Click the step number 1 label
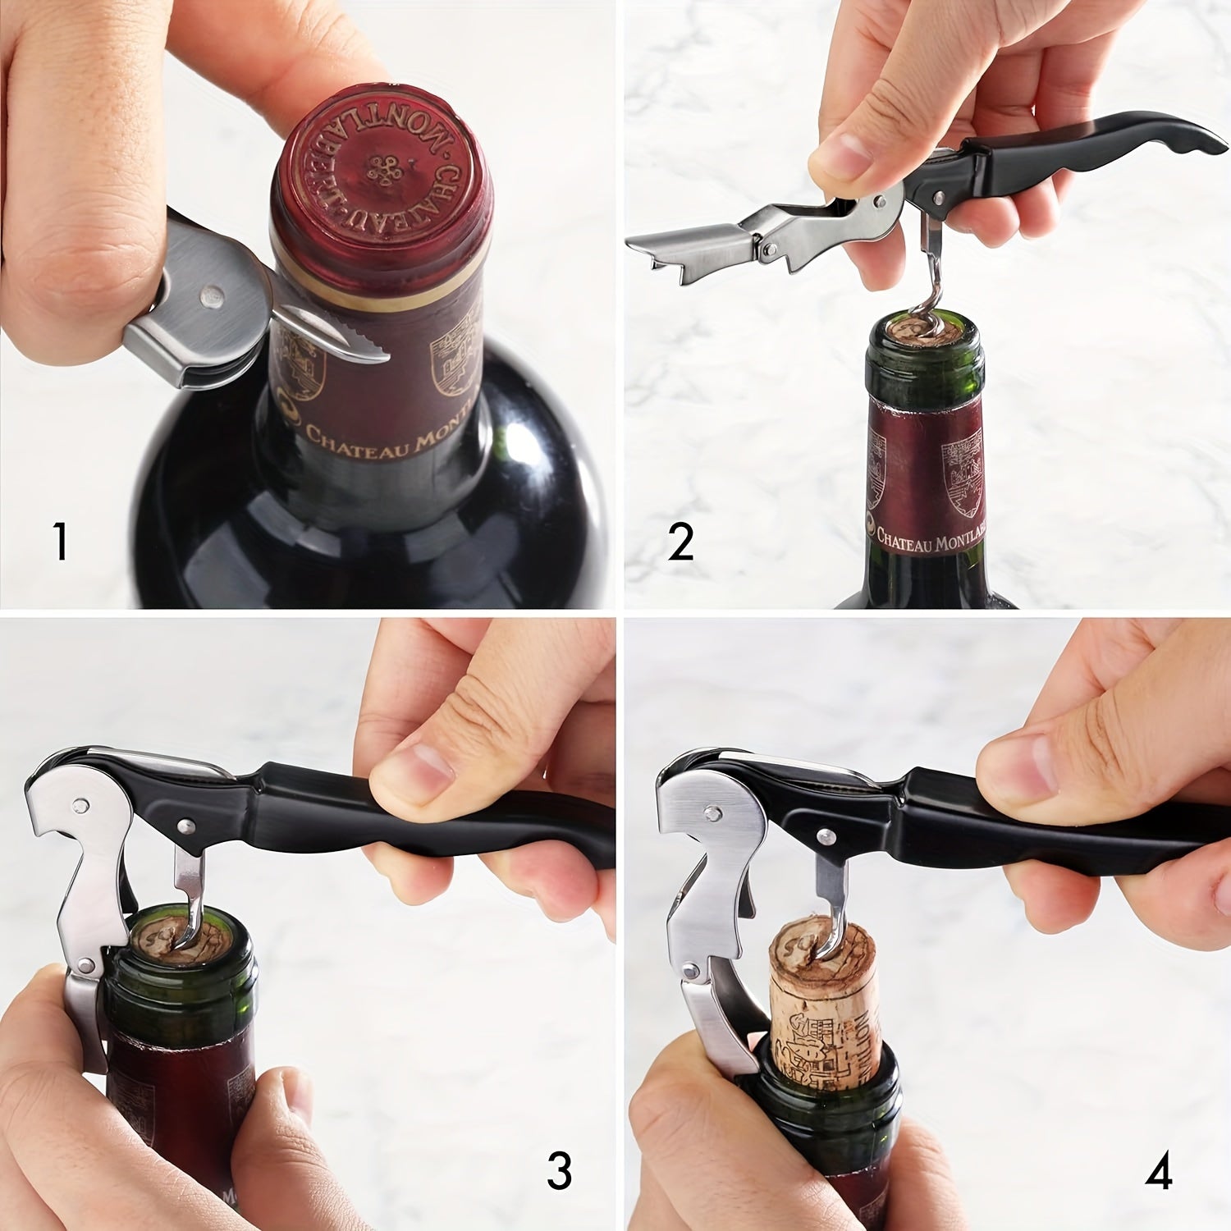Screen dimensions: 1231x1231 60,542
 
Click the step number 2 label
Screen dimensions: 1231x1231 680,542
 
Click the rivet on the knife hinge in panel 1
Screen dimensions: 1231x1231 212,292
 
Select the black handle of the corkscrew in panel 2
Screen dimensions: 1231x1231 1083,152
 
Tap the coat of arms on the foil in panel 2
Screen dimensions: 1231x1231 960,468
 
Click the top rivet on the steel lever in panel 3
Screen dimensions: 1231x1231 80,807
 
